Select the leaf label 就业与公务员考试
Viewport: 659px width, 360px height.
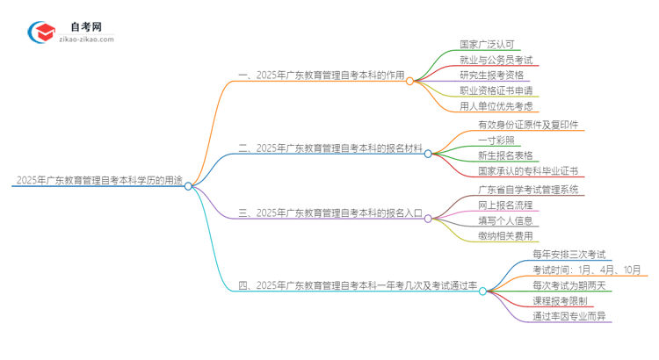[496, 60]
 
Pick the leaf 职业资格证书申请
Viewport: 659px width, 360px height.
[496, 90]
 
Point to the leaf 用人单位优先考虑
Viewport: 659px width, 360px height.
[495, 106]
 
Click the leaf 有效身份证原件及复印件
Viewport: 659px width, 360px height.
[527, 125]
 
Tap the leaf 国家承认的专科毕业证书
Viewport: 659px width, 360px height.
[527, 171]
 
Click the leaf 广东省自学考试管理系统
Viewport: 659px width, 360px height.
[528, 190]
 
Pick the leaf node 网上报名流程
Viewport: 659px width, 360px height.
[504, 205]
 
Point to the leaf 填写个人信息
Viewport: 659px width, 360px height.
[504, 220]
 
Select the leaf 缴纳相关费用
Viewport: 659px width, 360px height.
[504, 236]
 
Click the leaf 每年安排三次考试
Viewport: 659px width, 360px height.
[569, 255]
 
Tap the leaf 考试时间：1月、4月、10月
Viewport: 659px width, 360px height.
[587, 270]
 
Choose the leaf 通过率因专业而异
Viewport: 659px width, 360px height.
[568, 316]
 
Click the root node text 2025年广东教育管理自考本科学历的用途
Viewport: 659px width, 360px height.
[98, 182]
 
